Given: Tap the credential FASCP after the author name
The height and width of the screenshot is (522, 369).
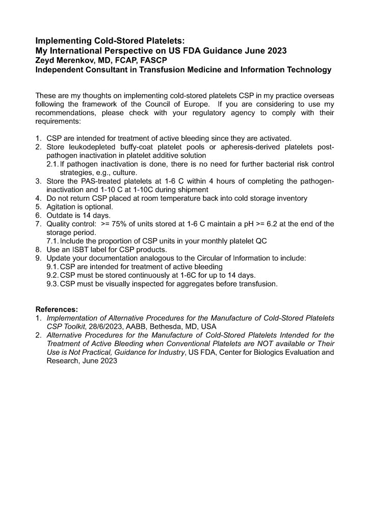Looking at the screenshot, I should tap(153, 60).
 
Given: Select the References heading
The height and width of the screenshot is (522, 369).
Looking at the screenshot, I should tap(57, 309).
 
